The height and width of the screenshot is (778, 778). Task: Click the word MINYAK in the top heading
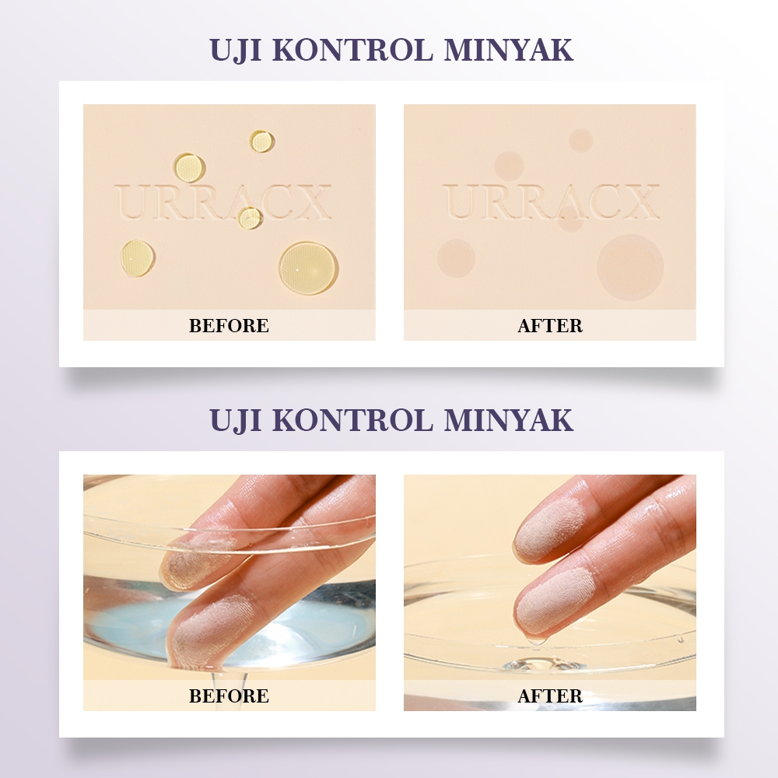click(x=509, y=50)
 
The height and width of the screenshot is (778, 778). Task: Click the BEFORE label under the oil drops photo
click(x=229, y=325)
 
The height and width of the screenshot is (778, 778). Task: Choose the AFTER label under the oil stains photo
click(x=550, y=325)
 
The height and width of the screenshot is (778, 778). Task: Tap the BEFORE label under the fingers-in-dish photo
click(x=229, y=696)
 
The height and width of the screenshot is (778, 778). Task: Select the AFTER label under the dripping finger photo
click(x=550, y=696)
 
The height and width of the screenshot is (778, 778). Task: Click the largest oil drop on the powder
click(x=308, y=268)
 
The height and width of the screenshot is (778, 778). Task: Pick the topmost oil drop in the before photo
click(x=261, y=142)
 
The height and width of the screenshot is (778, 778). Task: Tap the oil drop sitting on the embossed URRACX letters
click(x=250, y=217)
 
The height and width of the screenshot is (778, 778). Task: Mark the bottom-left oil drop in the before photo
click(x=138, y=258)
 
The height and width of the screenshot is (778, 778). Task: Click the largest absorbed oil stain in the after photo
click(x=630, y=267)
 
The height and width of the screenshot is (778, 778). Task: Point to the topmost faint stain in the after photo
click(x=580, y=140)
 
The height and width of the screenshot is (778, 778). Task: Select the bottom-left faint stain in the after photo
click(x=456, y=258)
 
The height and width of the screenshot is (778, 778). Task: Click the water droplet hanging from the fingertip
click(x=536, y=640)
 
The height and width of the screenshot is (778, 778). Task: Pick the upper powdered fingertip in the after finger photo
click(x=551, y=528)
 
